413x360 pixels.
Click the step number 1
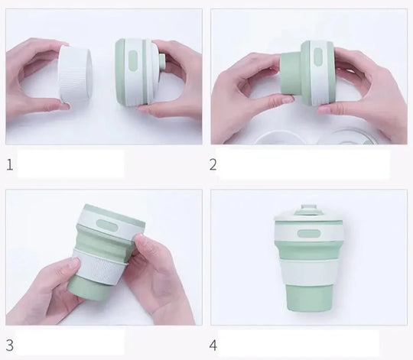coord(9,165)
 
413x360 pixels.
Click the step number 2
coord(213,165)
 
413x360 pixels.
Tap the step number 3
coord(9,345)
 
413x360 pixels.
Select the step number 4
coord(213,345)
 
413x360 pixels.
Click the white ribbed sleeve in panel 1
coord(75,74)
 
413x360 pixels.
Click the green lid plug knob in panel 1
coord(161,62)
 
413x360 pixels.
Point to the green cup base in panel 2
coord(291,76)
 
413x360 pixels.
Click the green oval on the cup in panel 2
coord(317,57)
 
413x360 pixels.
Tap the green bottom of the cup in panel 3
coord(87,287)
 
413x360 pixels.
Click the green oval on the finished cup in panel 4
coord(309,233)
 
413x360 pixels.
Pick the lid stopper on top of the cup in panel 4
coord(309,209)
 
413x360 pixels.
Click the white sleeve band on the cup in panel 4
coord(309,272)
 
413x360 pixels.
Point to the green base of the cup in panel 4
coord(309,299)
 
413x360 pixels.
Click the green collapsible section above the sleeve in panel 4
coord(309,250)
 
